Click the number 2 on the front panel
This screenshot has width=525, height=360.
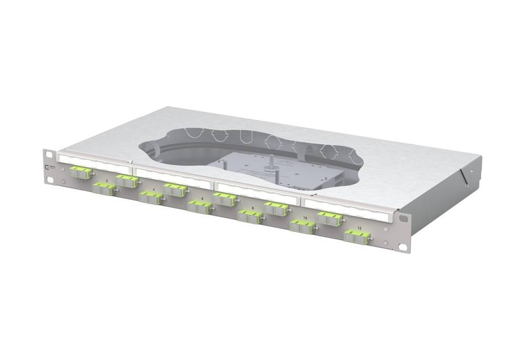[x=107, y=181]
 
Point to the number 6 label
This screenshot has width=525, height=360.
[x=202, y=198]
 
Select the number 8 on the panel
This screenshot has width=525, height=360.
[x=253, y=208]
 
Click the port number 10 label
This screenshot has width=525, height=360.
[x=305, y=217]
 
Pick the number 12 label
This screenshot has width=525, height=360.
[x=359, y=228]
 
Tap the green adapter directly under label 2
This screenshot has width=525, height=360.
[x=104, y=189]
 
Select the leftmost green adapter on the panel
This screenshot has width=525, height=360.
[x=80, y=172]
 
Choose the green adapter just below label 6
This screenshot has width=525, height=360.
[x=200, y=207]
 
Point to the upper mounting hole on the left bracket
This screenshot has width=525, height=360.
[x=49, y=154]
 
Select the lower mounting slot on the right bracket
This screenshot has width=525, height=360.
[x=402, y=247]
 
